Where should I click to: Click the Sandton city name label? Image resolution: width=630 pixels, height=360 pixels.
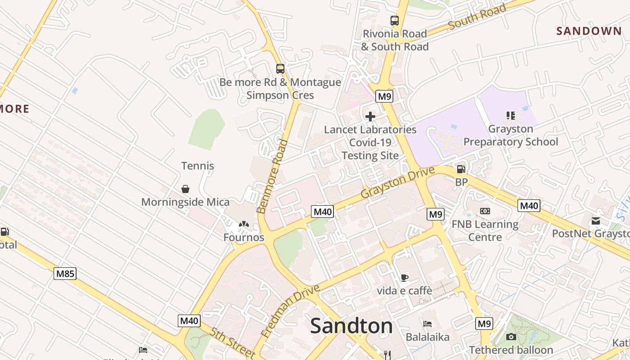point(351,326)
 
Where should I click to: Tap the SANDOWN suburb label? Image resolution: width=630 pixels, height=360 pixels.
point(589,31)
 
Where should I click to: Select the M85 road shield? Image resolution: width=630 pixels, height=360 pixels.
point(65,273)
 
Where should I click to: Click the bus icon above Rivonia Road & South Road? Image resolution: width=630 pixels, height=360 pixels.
point(395,21)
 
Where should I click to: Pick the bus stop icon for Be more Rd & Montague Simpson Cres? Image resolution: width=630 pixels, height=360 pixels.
point(280,69)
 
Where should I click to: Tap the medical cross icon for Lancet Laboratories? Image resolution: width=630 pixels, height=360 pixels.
point(370,117)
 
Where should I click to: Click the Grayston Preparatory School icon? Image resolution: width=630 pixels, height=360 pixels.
point(510,116)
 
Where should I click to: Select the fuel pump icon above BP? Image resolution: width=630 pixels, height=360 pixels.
point(461,169)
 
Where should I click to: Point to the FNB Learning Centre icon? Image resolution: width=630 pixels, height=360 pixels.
point(485,211)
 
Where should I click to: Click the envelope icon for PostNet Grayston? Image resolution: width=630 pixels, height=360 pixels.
point(596,220)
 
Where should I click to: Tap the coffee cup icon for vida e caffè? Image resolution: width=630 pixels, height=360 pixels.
point(404,278)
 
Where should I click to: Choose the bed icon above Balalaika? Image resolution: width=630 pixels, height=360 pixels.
point(427,324)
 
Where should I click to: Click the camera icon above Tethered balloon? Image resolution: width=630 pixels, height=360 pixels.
point(510,337)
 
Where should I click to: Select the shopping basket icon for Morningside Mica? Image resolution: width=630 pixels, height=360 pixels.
point(185,189)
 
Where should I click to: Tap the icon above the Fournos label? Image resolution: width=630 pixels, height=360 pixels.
point(243,224)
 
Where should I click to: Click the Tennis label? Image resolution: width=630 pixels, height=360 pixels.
point(198,166)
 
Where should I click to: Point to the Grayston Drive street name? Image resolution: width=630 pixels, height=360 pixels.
point(397,182)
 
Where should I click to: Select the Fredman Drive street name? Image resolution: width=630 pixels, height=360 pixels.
point(290,310)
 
